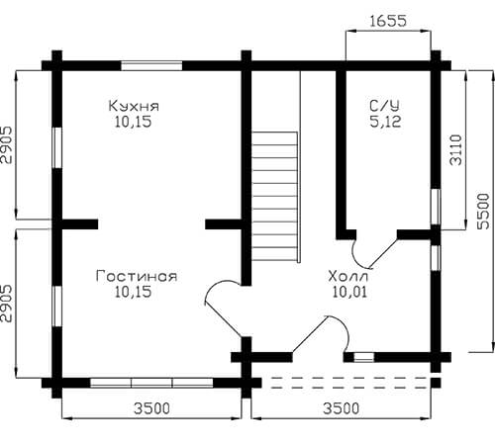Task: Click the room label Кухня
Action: coord(134,106)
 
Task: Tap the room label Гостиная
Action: coord(137,276)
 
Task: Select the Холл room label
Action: coord(347,276)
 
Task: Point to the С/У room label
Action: coord(384,106)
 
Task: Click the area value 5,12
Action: coord(385,122)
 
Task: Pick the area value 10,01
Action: coord(349,292)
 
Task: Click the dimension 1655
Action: coord(388,21)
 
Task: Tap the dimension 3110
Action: coord(456,149)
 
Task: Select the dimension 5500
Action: coord(484,211)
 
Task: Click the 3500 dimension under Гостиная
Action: coord(151,408)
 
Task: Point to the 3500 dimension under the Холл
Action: coord(341,408)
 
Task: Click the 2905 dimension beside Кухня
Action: coord(7,144)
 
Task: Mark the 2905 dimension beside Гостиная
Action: coord(7,304)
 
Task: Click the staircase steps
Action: coord(275,196)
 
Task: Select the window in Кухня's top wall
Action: coord(151,65)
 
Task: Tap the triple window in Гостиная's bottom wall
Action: coord(151,383)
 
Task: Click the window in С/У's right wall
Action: coord(436,207)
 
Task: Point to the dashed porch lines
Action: coord(348,383)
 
